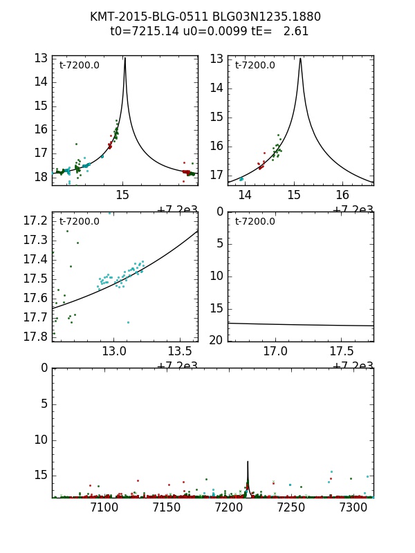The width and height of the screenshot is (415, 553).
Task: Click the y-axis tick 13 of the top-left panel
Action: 40,58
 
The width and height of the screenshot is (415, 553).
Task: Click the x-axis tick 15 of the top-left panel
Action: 122,195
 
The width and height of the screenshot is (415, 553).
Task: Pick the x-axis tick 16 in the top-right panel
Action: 342,195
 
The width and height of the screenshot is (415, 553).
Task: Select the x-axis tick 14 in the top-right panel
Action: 245,195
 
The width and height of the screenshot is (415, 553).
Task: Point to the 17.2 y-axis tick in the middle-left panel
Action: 35,221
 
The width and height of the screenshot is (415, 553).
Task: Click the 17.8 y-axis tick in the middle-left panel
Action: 35,337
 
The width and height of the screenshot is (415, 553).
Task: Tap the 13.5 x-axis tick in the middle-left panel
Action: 181,351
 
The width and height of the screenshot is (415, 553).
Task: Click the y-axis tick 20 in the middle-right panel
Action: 216,340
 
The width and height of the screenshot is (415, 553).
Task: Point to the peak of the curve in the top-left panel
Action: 124,59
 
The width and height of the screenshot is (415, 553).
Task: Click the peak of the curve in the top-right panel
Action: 300,59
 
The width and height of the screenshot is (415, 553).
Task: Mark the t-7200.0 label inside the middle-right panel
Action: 255,222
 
